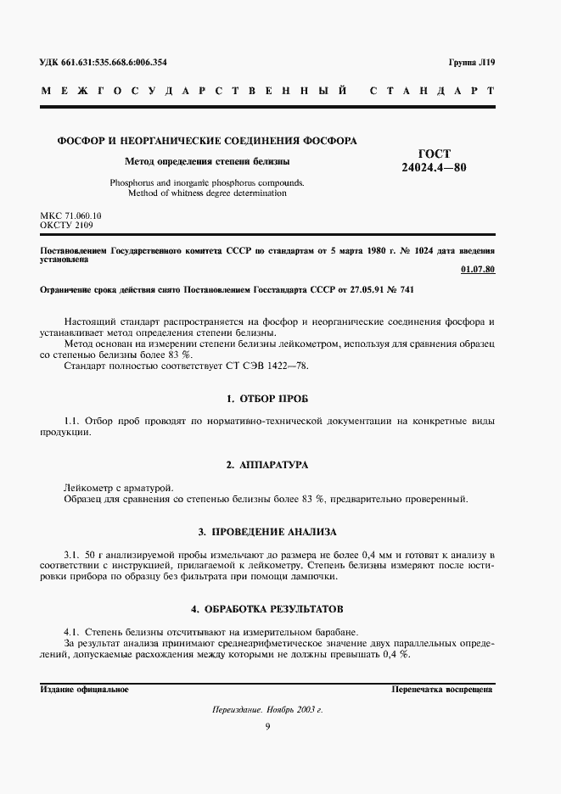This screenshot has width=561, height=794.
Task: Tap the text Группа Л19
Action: click(471, 64)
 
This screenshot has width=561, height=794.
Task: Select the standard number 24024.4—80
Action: click(433, 166)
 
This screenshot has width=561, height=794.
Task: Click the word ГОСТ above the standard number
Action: click(433, 153)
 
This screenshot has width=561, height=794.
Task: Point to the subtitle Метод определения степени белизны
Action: click(207, 160)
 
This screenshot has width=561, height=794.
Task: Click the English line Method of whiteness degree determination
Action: click(207, 193)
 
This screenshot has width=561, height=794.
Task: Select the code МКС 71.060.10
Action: click(70, 216)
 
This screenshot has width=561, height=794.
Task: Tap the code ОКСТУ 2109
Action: click(67, 226)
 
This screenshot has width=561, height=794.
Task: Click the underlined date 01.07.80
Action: click(476, 270)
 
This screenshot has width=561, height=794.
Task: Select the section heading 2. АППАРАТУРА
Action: click(267, 465)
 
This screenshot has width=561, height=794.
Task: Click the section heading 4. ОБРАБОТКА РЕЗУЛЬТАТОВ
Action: click(267, 609)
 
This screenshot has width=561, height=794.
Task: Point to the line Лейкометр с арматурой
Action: click(118, 487)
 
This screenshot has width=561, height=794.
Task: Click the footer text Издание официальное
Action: click(84, 690)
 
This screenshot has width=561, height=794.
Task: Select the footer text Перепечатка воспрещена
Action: click(442, 690)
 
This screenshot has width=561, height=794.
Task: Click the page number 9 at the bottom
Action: click(267, 726)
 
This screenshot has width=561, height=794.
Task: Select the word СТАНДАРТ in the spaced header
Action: click(433, 91)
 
